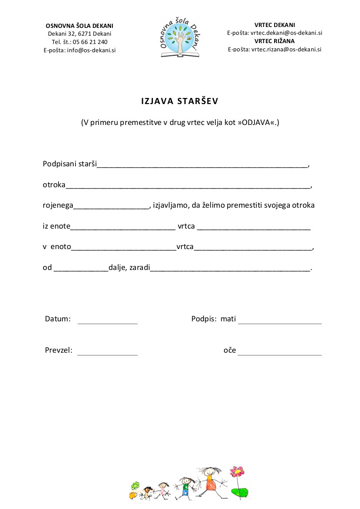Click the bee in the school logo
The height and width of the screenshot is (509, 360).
click(190, 39)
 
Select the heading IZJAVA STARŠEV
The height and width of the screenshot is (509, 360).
click(180, 101)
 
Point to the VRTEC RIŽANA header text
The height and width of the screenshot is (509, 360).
click(274, 41)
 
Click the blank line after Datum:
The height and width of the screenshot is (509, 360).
click(107, 323)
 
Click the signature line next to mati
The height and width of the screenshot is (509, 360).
click(279, 323)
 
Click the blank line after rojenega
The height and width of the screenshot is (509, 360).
click(111, 208)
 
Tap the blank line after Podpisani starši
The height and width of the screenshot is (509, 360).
click(203, 167)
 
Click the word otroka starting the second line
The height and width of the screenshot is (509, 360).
click(54, 185)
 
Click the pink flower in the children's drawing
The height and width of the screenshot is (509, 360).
click(237, 471)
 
